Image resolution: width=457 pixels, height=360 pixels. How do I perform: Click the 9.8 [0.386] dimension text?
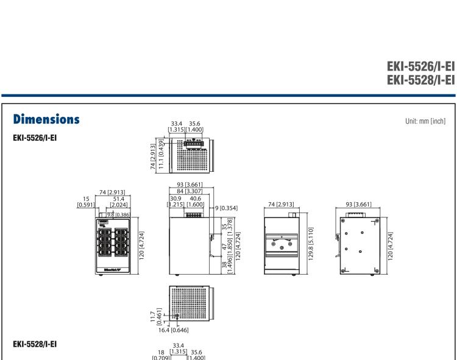(114, 214)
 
